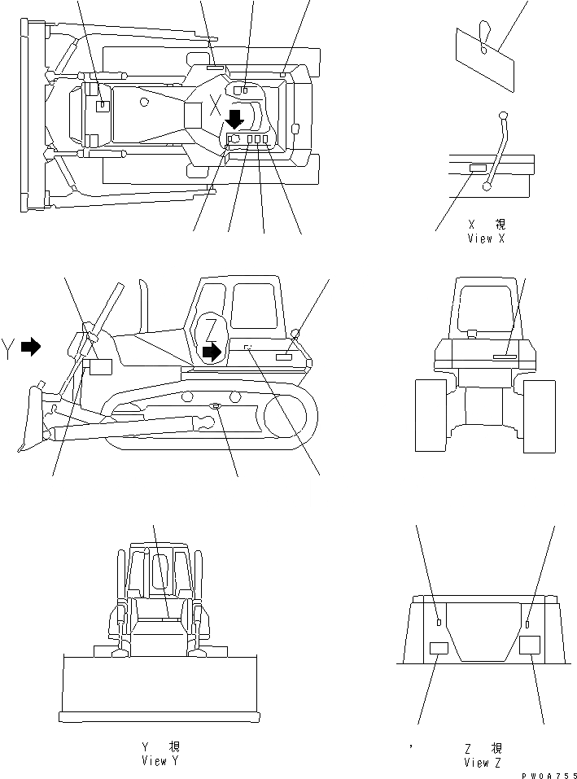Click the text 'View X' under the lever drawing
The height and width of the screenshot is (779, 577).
(x=486, y=239)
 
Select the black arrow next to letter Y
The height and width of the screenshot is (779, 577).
(x=31, y=347)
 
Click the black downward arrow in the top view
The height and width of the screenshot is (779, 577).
(x=234, y=120)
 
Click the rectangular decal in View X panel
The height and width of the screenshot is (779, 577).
(x=478, y=168)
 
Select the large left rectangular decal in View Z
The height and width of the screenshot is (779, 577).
(x=439, y=648)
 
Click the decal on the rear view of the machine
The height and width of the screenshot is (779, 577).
(x=504, y=357)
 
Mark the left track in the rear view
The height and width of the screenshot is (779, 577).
(x=431, y=415)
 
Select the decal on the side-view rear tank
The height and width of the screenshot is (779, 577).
(x=284, y=357)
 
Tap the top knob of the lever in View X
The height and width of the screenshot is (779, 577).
(x=503, y=115)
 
